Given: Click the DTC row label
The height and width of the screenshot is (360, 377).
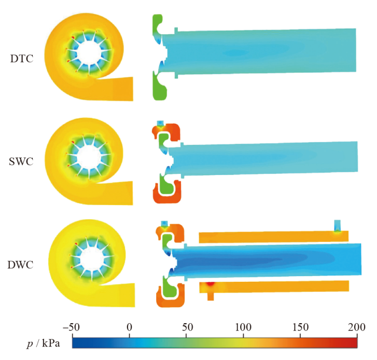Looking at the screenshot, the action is coord(22,59).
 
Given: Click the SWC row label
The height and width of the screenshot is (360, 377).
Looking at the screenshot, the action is coord(21,162).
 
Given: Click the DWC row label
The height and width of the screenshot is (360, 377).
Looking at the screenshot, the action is coord(20,265).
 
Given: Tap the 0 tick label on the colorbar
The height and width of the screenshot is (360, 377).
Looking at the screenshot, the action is coord(129,327).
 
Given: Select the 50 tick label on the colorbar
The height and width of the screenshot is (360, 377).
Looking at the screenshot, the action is coord(187,327).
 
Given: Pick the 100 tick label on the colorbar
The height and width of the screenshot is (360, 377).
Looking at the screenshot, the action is coord(243,327).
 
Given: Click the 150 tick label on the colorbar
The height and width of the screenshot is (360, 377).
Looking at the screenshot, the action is coord(300,327).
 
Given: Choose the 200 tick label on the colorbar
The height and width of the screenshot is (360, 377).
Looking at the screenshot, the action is coord(357,327).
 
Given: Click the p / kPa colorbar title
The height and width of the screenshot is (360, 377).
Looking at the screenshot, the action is coord(43,343).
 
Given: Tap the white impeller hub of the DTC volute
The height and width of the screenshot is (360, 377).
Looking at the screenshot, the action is coord(89,52).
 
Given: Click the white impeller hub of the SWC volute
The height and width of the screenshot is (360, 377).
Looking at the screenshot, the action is coord(89,157).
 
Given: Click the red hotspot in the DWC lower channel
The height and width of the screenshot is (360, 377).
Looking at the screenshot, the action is coord(211,284).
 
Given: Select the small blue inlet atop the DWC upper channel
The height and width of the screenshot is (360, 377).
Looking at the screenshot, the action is coord(338,225).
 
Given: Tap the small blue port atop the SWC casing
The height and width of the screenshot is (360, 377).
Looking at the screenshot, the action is coord(160,123).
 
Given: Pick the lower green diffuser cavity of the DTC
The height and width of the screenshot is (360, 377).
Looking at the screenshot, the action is coord(160,87).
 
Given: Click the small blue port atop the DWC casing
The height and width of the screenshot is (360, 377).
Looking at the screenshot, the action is coord(164,223).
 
